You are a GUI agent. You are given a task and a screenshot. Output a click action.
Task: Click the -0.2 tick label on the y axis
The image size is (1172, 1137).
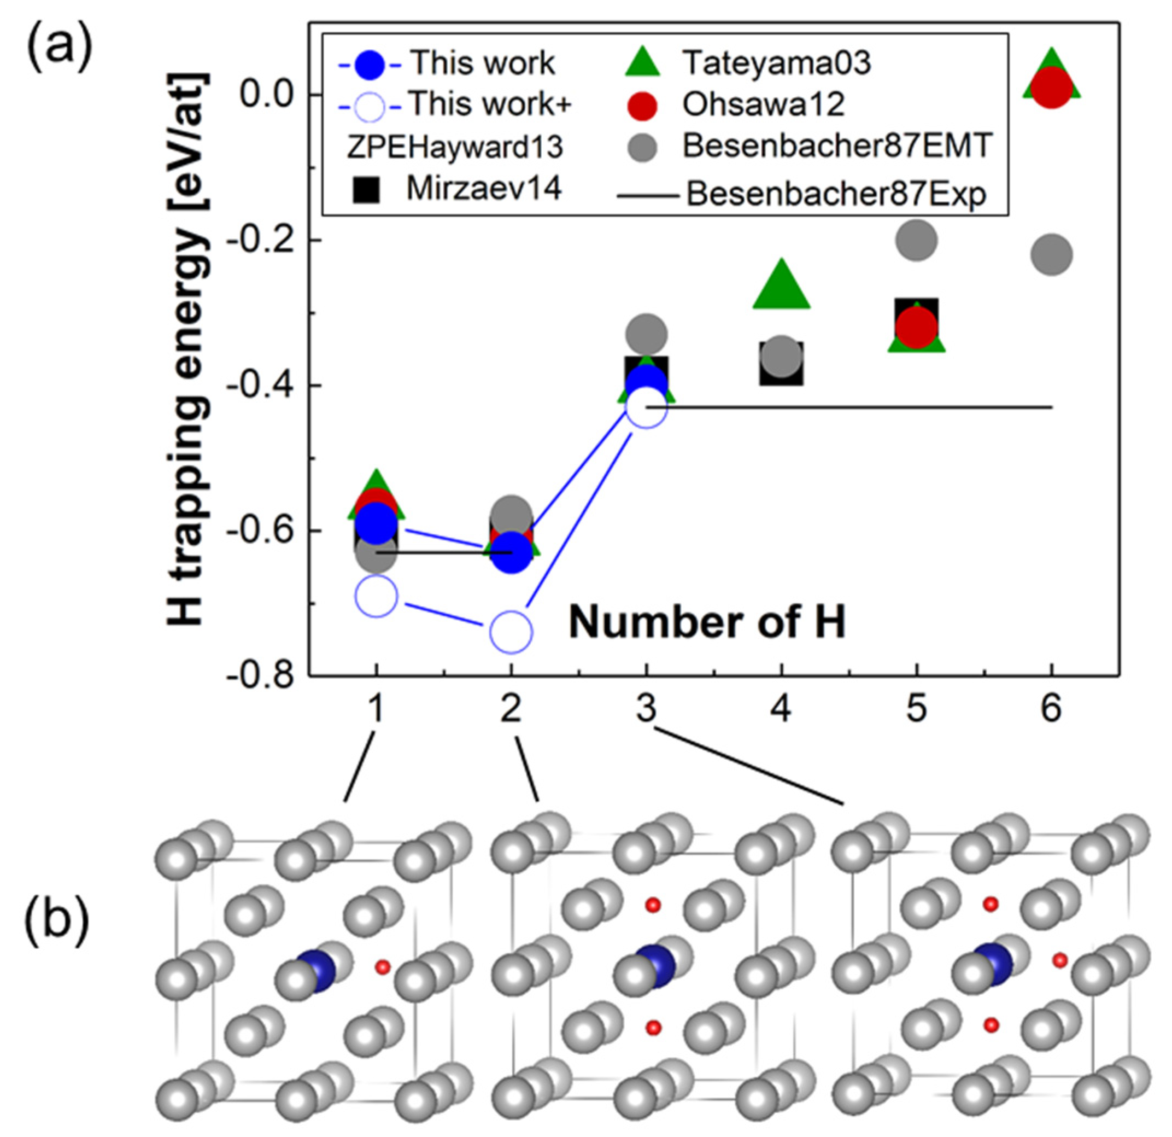click(263, 241)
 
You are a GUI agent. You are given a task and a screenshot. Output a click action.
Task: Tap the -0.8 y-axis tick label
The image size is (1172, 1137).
click(263, 677)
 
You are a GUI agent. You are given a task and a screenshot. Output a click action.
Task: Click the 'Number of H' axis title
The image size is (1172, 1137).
click(707, 622)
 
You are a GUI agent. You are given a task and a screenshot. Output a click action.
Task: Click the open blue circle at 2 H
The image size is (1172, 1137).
click(511, 632)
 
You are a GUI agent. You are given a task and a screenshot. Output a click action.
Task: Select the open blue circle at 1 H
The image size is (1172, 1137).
click(376, 596)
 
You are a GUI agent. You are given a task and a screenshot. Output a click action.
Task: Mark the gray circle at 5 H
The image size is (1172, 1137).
click(916, 241)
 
